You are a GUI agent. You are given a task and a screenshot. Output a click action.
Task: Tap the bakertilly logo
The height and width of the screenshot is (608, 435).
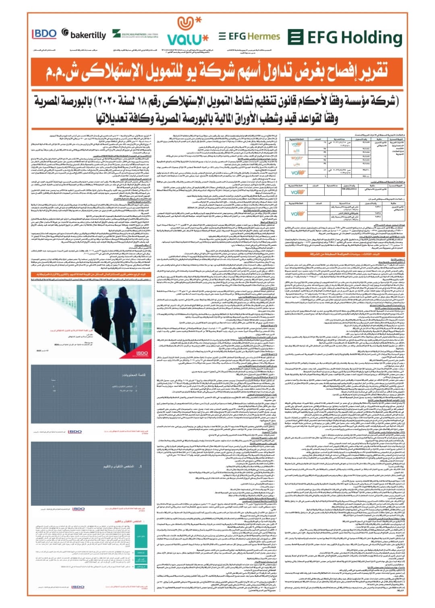coord(83,34)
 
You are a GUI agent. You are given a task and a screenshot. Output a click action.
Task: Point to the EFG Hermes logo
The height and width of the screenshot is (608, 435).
coord(249,37)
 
